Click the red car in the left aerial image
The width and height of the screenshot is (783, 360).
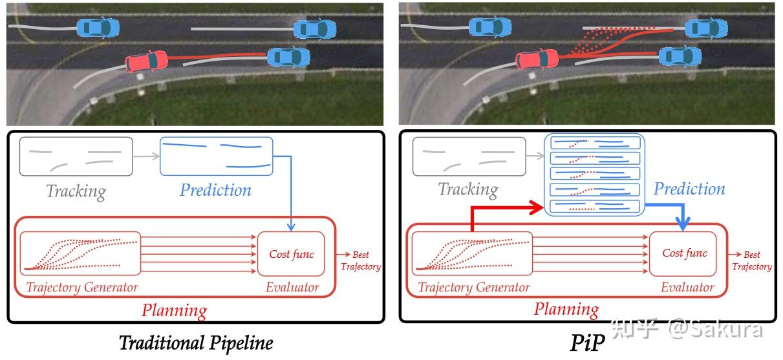click(146, 61)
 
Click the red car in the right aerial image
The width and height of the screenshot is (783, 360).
click(537, 59)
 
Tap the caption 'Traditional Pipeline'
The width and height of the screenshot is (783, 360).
click(196, 343)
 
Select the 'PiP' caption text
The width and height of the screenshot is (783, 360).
click(587, 343)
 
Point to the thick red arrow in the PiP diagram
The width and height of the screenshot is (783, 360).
click(504, 209)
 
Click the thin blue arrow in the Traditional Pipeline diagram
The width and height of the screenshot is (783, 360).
click(290, 194)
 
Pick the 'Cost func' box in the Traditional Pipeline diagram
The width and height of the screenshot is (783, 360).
click(291, 254)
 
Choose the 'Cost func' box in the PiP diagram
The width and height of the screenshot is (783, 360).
click(684, 253)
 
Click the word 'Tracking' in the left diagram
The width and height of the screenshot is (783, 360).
click(76, 191)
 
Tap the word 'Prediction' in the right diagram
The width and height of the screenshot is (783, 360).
click(689, 189)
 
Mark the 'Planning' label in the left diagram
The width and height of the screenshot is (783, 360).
click(174, 310)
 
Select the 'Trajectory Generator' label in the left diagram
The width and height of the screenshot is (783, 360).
click(82, 287)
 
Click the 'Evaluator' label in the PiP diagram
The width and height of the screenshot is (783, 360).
click(687, 287)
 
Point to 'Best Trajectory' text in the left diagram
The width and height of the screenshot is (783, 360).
click(360, 260)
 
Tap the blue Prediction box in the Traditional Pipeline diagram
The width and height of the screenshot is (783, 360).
click(216, 156)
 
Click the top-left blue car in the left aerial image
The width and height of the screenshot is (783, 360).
click(98, 27)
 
